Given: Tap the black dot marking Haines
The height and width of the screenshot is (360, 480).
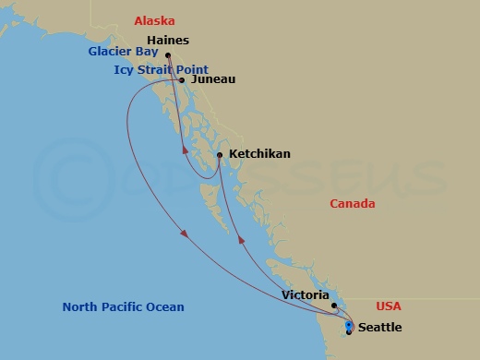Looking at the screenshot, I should point(168,55).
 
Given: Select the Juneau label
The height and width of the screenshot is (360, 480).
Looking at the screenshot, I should point(211,79).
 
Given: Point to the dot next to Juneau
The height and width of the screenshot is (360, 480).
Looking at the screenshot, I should point(182,80).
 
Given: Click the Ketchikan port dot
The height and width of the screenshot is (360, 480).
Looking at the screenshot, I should point(219,154).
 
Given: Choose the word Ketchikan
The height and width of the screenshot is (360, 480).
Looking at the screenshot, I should point(259,154).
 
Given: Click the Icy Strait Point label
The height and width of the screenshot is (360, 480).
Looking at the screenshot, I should point(161,69).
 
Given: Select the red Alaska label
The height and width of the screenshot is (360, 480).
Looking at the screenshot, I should point(155,20).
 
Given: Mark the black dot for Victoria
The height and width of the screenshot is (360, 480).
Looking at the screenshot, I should point(334,306).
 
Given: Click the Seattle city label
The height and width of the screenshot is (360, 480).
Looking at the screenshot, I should point(379,327).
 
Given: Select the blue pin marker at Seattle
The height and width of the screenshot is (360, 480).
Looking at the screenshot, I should point(348,326).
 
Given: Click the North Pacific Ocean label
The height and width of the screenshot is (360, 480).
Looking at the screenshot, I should point(123,307).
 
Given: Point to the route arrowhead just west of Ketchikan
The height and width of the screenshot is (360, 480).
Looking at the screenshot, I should point(186,151).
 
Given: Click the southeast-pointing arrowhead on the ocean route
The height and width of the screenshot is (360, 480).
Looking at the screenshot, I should point(187,234).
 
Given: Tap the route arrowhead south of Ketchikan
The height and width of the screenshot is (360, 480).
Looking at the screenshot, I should point(243,239).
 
